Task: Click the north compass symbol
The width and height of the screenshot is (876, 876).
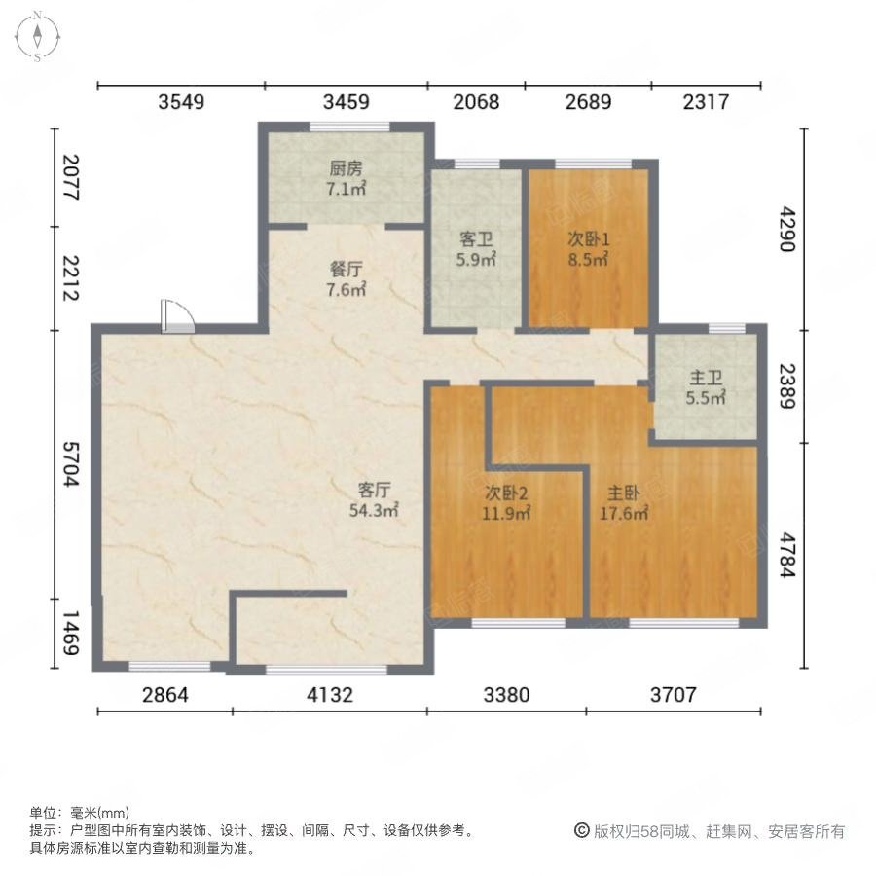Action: (x=37, y=36)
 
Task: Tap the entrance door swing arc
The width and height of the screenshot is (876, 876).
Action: (x=179, y=315)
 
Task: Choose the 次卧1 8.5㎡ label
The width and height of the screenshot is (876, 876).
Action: (x=588, y=249)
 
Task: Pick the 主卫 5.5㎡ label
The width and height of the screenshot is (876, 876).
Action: (x=707, y=387)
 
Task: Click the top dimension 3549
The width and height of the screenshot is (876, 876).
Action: (x=181, y=101)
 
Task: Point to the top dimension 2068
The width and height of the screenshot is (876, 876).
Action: (x=476, y=101)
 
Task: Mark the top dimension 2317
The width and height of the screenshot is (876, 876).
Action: (x=706, y=101)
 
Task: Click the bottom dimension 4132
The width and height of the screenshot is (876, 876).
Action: (x=329, y=695)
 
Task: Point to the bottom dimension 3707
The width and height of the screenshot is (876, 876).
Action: (x=675, y=695)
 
